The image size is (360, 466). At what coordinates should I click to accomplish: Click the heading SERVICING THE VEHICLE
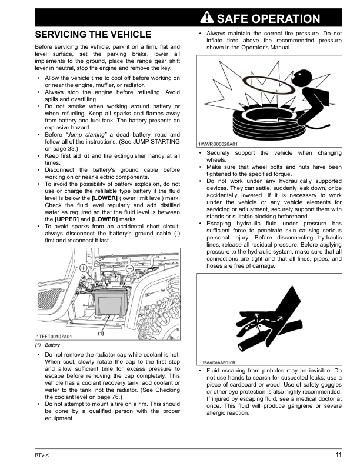pyautogui.click(x=93, y=35)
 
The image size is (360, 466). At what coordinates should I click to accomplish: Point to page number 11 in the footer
pyautogui.click(x=338, y=454)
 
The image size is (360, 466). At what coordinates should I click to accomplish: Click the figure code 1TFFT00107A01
pyautogui.click(x=54, y=336)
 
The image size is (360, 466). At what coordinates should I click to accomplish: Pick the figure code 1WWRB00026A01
pyautogui.click(x=217, y=144)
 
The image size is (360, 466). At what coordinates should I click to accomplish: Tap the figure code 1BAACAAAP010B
pyautogui.click(x=218, y=362)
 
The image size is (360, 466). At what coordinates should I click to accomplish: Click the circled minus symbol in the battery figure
pyautogui.click(x=129, y=268)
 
